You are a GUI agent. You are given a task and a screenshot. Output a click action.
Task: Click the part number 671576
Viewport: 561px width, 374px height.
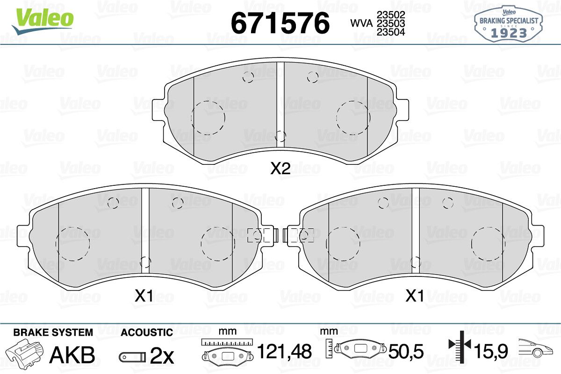click(x=280, y=23)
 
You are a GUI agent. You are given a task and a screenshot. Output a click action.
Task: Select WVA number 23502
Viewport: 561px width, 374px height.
click(x=391, y=15)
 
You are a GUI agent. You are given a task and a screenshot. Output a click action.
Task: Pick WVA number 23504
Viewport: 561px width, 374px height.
click(x=391, y=32)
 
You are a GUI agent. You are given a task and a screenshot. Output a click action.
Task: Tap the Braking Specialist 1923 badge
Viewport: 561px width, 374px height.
click(x=509, y=24)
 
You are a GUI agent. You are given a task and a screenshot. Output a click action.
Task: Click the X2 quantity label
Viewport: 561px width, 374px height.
click(x=280, y=169)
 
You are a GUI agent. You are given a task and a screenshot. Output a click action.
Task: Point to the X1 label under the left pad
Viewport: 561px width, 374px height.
click(x=144, y=296)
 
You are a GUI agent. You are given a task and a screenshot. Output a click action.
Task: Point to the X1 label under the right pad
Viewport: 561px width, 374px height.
click(x=415, y=296)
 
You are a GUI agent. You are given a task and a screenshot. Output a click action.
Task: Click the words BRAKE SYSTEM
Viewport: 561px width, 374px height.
click(x=53, y=332)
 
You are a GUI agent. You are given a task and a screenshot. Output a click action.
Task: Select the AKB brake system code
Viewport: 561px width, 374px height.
click(x=72, y=355)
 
